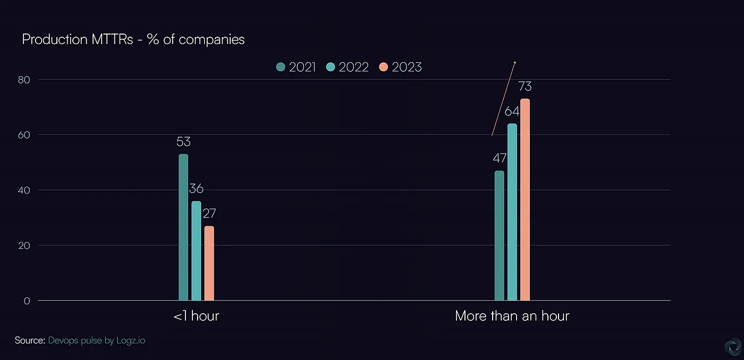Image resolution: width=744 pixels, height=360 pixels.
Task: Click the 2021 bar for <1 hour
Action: (x=183, y=228)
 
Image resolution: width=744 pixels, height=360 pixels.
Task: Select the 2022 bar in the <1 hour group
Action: (x=196, y=251)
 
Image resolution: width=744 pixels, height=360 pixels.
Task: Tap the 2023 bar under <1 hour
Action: (x=209, y=264)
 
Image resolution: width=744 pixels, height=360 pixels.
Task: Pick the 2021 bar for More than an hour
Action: (x=500, y=236)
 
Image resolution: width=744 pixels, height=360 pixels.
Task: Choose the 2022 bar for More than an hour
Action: (x=512, y=212)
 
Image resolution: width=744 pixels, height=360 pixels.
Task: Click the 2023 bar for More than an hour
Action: (x=525, y=200)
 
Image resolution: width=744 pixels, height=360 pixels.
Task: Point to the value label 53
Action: (x=183, y=142)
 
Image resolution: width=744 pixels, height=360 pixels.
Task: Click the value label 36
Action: (x=196, y=189)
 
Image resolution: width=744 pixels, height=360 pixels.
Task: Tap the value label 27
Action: (x=209, y=214)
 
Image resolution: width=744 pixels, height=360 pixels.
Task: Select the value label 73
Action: (x=525, y=86)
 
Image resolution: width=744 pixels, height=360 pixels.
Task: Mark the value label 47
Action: (x=499, y=158)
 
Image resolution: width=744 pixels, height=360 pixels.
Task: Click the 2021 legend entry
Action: (x=296, y=67)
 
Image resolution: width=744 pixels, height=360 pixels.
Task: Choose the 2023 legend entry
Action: (x=400, y=67)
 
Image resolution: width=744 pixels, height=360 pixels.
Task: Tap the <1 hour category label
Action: (x=196, y=316)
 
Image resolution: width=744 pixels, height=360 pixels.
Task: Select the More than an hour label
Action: (x=512, y=316)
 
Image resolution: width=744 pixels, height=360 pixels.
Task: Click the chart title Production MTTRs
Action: (x=133, y=39)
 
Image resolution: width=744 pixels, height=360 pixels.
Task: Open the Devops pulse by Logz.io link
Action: (x=96, y=340)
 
